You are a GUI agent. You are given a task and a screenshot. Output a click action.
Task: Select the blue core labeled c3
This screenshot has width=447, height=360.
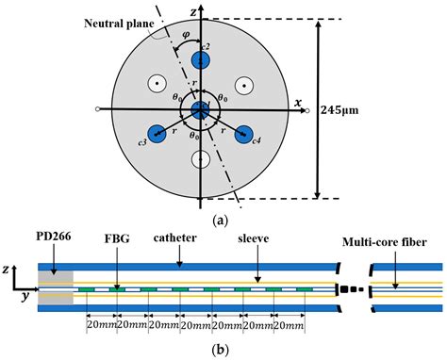(x=156, y=134)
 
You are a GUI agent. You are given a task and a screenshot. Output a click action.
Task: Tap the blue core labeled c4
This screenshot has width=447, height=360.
(x=245, y=134)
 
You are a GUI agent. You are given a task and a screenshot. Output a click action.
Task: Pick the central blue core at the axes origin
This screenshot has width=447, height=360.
(x=201, y=110)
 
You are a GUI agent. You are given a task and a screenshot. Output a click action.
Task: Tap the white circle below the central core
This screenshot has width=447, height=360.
(x=201, y=159)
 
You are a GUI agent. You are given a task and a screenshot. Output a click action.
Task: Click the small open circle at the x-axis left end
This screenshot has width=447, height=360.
(x=99, y=111)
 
